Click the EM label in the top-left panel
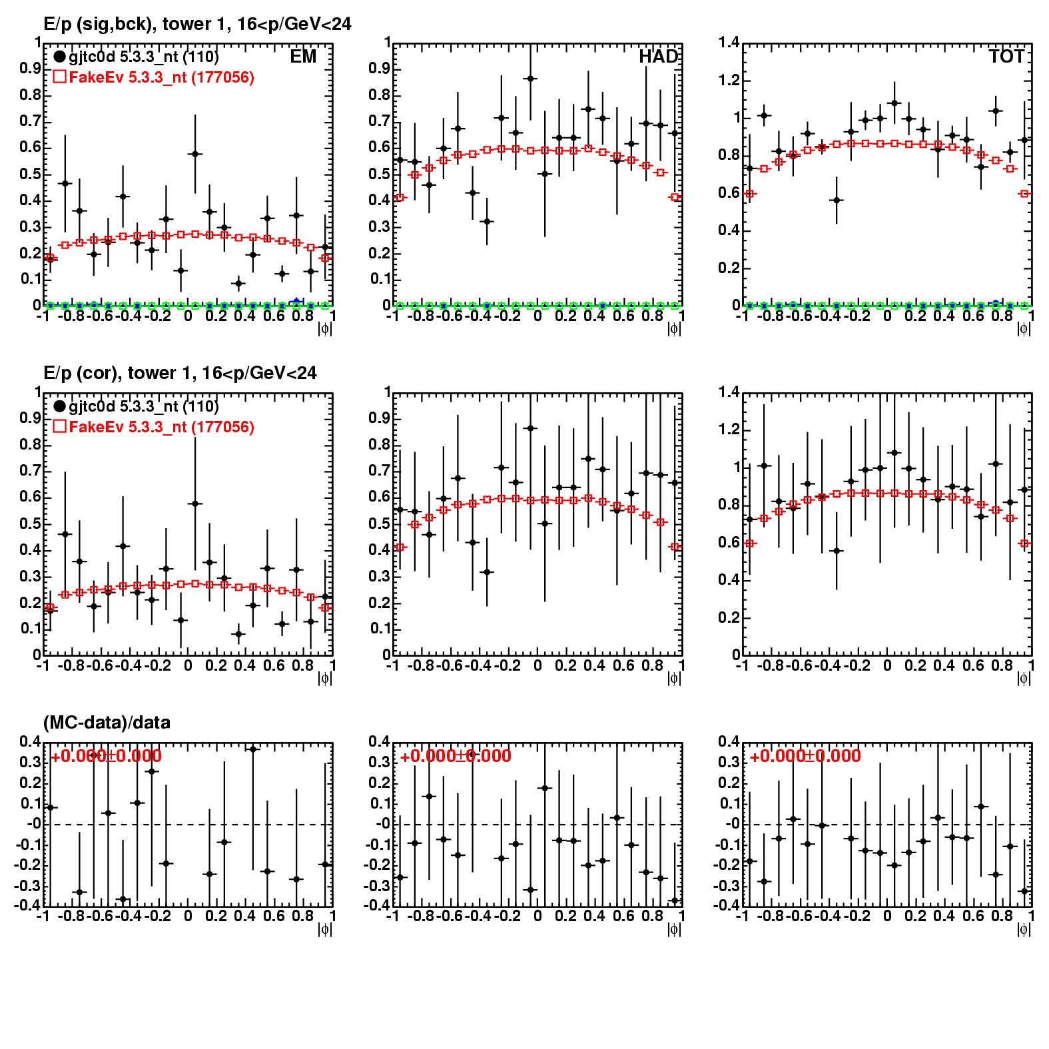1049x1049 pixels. pyautogui.click(x=303, y=57)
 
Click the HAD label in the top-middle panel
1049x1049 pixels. pyautogui.click(x=658, y=57)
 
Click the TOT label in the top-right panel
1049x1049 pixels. pyautogui.click(x=1006, y=57)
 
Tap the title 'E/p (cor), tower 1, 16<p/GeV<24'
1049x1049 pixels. pyautogui.click(x=180, y=373)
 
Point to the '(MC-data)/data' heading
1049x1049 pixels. pyautogui.click(x=107, y=723)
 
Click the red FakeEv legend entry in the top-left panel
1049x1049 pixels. pyautogui.click(x=153, y=77)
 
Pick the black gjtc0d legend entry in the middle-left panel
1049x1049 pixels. pyautogui.click(x=136, y=406)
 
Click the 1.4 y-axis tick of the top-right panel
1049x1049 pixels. pyautogui.click(x=729, y=43)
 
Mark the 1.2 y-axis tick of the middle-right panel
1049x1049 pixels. pyautogui.click(x=729, y=430)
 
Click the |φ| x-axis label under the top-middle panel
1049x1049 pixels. pyautogui.click(x=674, y=329)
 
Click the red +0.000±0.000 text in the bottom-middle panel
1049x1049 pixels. pyautogui.click(x=456, y=756)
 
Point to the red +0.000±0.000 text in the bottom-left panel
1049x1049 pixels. pyautogui.click(x=106, y=756)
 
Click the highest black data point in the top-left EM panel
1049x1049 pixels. pyautogui.click(x=194, y=154)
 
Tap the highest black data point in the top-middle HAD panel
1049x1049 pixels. pyautogui.click(x=531, y=79)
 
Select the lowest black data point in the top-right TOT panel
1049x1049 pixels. pyautogui.click(x=837, y=200)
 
